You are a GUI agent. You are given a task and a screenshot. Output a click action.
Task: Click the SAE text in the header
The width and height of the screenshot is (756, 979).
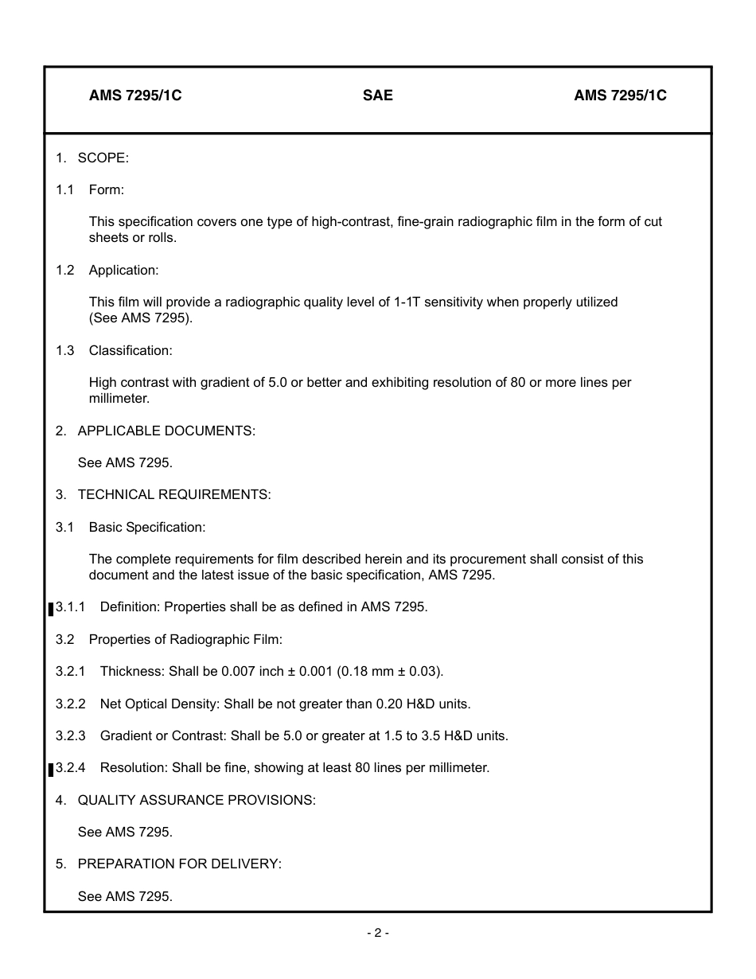[x=377, y=96]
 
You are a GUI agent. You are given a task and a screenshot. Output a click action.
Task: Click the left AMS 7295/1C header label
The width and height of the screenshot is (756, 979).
[x=135, y=96]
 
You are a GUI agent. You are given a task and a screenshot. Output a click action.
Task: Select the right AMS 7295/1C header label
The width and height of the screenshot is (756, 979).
[x=620, y=96]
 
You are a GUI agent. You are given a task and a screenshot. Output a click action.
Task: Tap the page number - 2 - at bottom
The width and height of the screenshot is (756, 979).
[x=378, y=933]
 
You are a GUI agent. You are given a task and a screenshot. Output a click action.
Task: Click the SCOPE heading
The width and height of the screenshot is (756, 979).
[x=103, y=158]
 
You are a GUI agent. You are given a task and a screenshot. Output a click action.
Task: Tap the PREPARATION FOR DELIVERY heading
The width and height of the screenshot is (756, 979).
[x=179, y=864]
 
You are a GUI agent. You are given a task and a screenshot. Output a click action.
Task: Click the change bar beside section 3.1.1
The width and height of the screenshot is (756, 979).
[x=51, y=609]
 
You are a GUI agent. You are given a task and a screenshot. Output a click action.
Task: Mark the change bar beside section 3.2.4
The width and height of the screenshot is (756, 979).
[x=51, y=770]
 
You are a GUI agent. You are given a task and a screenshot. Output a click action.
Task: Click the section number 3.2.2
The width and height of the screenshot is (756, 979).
[x=71, y=704]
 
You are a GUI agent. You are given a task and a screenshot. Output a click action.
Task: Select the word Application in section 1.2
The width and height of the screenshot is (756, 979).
[x=123, y=270]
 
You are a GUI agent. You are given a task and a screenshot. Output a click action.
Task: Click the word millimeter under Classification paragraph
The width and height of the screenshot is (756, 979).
[x=119, y=398]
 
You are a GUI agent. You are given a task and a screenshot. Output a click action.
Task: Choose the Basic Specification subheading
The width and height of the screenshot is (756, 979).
[x=146, y=527]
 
